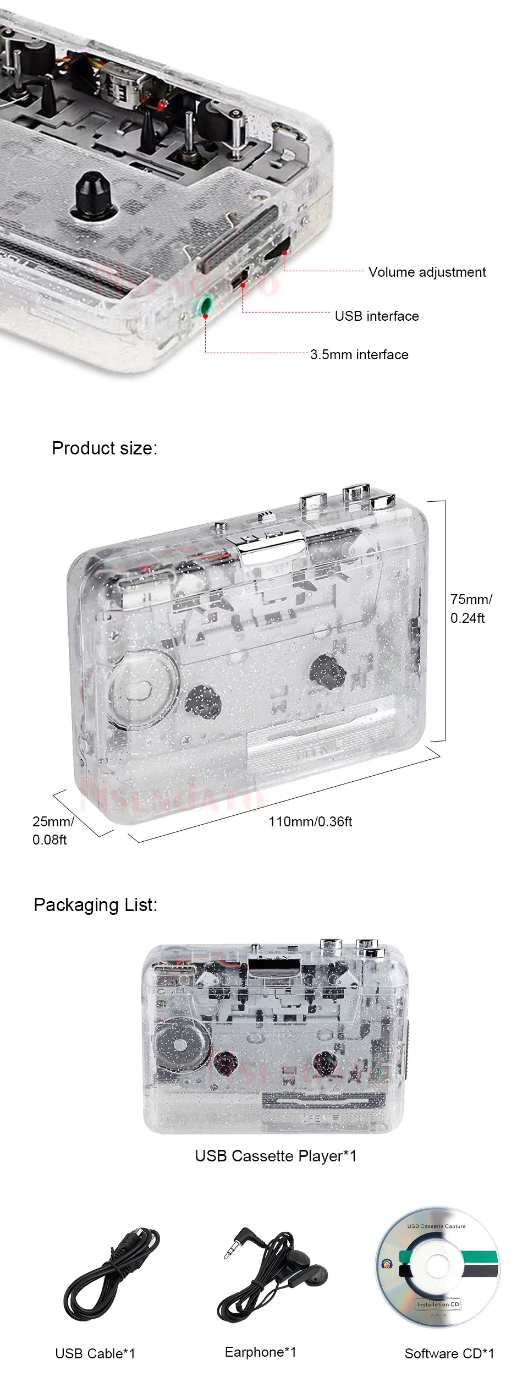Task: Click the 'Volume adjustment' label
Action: pos(427,272)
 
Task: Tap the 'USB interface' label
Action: pos(377,316)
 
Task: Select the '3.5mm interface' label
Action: pos(359,354)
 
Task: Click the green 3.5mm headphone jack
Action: pos(206,303)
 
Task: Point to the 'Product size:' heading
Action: pos(105,448)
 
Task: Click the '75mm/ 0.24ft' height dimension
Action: pos(471,608)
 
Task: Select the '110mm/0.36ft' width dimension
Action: pos(310,821)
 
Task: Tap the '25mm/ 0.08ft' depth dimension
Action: pos(52,830)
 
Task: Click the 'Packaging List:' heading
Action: pos(96,904)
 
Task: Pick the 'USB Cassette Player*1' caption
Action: pos(276,1156)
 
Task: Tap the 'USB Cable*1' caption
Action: pos(95,1353)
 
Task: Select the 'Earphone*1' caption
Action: pos(260,1352)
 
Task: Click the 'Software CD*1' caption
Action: pos(449,1353)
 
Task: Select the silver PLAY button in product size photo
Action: pos(273,542)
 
